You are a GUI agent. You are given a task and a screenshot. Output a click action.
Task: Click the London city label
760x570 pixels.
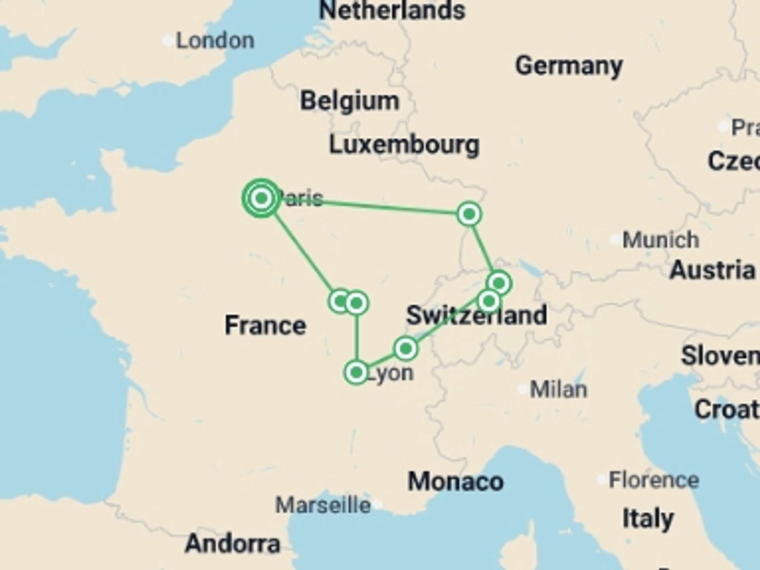(x=215, y=41)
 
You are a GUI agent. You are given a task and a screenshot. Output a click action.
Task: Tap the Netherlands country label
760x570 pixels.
(x=392, y=10)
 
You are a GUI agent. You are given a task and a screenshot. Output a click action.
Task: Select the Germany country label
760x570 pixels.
(x=569, y=66)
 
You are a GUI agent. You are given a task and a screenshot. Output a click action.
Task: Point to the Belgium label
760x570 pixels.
(x=350, y=101)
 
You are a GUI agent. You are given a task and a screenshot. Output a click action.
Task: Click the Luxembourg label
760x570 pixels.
(x=404, y=145)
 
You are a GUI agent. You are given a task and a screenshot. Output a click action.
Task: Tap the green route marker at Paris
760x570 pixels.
(x=261, y=198)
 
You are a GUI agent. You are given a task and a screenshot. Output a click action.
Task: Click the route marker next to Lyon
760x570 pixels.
(x=356, y=372)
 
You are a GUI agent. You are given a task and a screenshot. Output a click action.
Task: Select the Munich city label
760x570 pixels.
(x=661, y=240)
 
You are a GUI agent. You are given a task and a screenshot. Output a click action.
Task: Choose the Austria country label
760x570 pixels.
(x=712, y=270)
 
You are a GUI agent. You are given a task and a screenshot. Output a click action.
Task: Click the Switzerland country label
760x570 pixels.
(x=477, y=315)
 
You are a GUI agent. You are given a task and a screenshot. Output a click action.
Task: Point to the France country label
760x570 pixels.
(x=265, y=325)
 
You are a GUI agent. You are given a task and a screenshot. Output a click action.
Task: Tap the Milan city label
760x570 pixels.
(x=558, y=389)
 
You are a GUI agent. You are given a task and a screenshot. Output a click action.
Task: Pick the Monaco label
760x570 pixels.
(x=456, y=482)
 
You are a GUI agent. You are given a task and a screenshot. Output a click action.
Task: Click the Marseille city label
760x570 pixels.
(x=323, y=505)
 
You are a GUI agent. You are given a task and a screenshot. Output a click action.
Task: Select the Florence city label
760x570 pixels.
(x=654, y=480)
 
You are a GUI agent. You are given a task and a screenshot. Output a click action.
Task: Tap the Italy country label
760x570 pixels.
(x=648, y=519)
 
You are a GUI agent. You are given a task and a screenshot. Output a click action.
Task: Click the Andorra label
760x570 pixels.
(x=232, y=544)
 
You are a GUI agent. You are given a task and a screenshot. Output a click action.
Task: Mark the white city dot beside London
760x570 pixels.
(x=168, y=40)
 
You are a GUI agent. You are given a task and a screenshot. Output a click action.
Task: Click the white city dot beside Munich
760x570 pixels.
(x=615, y=240)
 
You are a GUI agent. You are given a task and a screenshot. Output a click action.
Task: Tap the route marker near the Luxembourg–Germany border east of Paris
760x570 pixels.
(x=469, y=214)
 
